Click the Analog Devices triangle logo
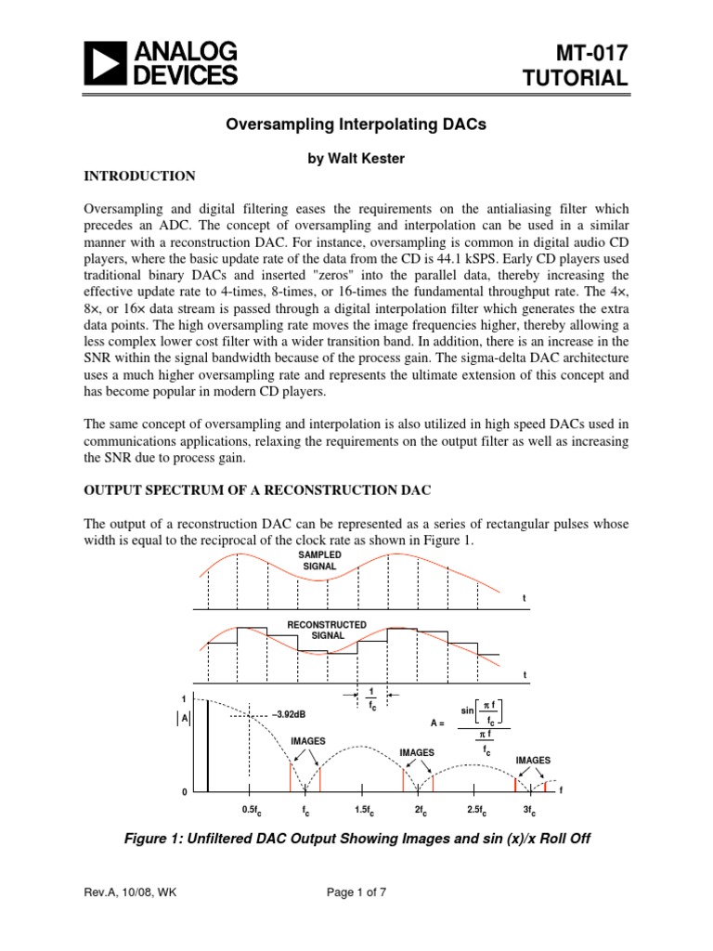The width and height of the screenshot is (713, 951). tap(108, 63)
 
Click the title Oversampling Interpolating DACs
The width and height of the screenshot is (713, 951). tap(356, 124)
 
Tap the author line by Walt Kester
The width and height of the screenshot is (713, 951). tap(356, 159)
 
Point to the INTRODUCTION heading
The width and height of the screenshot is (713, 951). tap(139, 176)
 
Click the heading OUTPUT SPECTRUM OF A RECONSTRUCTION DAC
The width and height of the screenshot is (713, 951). tap(263, 490)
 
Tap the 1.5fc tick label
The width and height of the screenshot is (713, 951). tap(362, 810)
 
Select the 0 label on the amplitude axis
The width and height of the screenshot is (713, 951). tap(184, 790)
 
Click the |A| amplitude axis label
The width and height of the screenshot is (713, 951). tap(184, 718)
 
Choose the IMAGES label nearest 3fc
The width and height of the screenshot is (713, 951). tap(533, 760)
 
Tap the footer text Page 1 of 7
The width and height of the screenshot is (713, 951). tap(356, 919)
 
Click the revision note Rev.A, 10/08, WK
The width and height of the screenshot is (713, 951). tap(130, 919)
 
